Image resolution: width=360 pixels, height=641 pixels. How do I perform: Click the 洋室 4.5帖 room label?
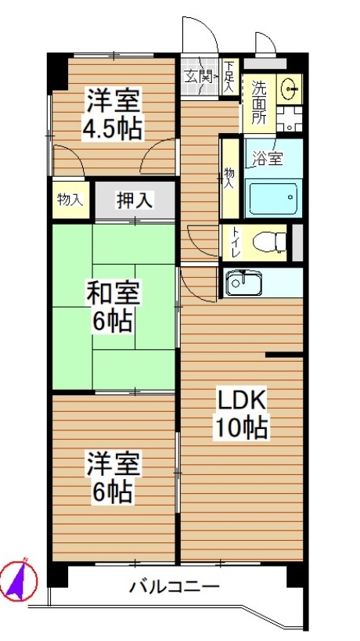tap(113, 113)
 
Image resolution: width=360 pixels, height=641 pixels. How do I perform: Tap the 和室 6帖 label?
tap(113, 306)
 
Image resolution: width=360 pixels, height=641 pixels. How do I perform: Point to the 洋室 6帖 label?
tap(113, 477)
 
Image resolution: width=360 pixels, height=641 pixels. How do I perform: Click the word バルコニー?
tap(175, 587)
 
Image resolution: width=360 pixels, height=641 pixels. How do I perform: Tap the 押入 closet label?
tap(135, 201)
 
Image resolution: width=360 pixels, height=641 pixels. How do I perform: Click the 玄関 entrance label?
tap(197, 76)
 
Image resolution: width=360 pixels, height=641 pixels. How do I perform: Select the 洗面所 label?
tap(259, 103)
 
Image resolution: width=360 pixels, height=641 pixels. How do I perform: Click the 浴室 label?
tap(267, 159)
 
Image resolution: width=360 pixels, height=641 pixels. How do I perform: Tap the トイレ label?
tap(236, 243)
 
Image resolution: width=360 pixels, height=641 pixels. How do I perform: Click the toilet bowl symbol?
tap(270, 243)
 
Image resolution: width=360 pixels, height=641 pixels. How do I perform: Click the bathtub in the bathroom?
tap(273, 199)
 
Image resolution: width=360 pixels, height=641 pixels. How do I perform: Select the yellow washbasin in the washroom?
tap(290, 88)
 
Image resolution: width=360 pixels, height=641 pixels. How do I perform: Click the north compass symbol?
tap(19, 580)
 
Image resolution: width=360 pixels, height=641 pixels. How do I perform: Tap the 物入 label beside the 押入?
tap(70, 200)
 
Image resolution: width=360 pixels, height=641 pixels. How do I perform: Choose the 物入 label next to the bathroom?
tap(229, 178)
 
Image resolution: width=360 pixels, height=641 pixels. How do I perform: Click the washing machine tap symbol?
tap(290, 120)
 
